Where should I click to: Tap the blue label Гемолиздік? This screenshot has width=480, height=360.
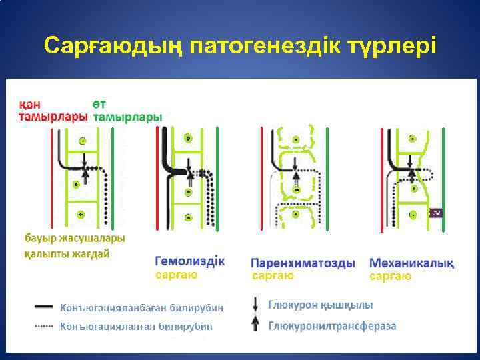coord(190,261)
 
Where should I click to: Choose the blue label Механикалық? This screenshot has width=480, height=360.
coord(411,263)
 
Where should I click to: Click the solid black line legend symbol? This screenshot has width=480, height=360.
coord(43,307)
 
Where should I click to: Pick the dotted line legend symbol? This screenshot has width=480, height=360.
coord(43,326)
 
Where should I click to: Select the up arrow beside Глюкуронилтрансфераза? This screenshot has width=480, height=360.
coord(256,325)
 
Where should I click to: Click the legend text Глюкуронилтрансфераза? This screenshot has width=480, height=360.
coord(332,326)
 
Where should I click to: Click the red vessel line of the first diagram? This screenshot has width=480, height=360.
coord(51,177)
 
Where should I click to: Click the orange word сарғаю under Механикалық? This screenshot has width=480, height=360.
coord(390,275)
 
